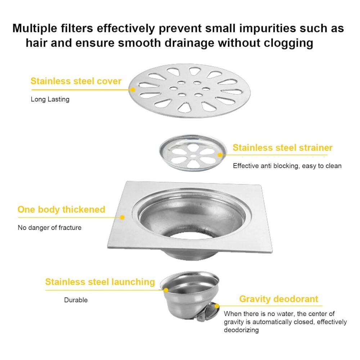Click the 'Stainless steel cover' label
click(76, 81)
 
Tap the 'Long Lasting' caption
click(50, 99)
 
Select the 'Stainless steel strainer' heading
click(282, 148)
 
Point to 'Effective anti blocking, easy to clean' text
click(287, 166)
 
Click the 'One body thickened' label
click(61, 210)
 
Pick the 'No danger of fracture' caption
click(50, 228)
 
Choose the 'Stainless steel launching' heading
click(100, 282)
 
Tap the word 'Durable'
click(76, 300)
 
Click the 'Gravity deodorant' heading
click(279, 299)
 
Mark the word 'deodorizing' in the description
click(241, 330)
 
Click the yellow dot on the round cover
click(133, 90)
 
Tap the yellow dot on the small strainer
click(220, 155)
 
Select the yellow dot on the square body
click(122, 217)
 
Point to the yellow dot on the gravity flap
click(217, 306)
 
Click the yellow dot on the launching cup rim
click(166, 290)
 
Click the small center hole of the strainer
click(193, 156)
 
